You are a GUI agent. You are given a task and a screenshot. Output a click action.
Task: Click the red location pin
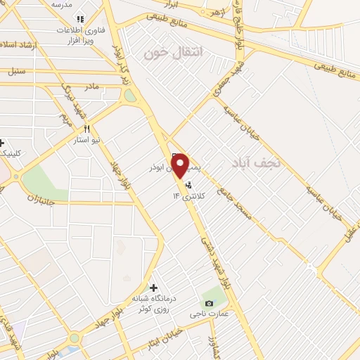click(x=180, y=165)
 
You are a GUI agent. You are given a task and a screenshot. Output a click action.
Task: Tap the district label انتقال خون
click(x=173, y=52)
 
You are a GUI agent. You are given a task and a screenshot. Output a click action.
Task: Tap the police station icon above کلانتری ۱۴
click(x=188, y=186)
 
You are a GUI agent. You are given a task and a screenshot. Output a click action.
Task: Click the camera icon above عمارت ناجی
click(x=208, y=303)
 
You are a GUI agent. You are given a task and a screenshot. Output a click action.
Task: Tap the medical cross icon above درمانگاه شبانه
click(x=153, y=288)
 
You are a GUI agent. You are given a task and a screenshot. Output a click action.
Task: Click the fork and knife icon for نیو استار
click(x=87, y=129)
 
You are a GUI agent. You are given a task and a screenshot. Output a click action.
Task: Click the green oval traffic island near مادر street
click(x=130, y=96)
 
